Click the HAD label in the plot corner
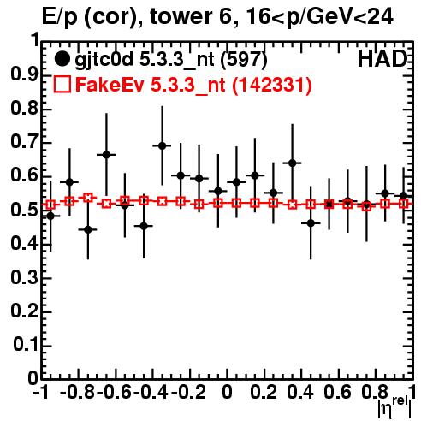click(x=382, y=59)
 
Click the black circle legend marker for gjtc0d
click(x=62, y=59)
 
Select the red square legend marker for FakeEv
click(x=62, y=85)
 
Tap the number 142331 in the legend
click(x=271, y=85)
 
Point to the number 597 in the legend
click(x=244, y=59)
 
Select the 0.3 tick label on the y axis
click(x=24, y=277)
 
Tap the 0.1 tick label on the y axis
click(x=26, y=345)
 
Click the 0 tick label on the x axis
click(x=227, y=392)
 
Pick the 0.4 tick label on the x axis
click(x=300, y=392)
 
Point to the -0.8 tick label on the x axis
click(x=77, y=392)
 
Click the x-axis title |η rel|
click(x=395, y=406)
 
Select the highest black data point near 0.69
click(x=162, y=145)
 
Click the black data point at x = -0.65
click(x=106, y=155)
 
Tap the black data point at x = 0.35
click(x=292, y=163)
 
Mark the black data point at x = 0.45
click(x=311, y=223)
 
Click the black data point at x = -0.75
click(x=88, y=229)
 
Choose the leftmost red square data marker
click(x=50, y=205)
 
